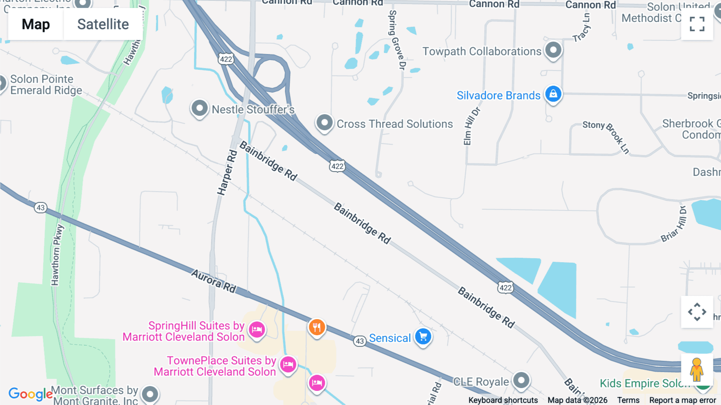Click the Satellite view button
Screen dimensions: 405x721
pos(103,24)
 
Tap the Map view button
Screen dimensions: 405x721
pos(36,24)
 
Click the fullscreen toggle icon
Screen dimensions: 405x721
pos(697,24)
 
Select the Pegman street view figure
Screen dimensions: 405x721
pos(697,369)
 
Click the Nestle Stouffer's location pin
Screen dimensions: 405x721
pos(199,108)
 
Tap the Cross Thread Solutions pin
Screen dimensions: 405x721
pos(324,123)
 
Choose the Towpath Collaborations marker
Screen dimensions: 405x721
pos(553,51)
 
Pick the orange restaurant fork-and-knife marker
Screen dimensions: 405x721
pos(317,328)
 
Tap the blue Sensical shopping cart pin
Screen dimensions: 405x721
pos(423,337)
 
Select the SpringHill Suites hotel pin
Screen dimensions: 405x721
pos(257,330)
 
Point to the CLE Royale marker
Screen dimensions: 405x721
pos(521,380)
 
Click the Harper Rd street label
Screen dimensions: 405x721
pos(227,172)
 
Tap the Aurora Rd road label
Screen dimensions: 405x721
pos(213,281)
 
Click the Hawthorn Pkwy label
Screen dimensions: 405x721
pos(57,255)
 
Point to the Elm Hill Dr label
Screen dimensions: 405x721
pos(471,126)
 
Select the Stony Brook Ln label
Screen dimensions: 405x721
pos(606,136)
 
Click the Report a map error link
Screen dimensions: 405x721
pos(683,400)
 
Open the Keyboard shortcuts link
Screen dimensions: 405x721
pos(503,400)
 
